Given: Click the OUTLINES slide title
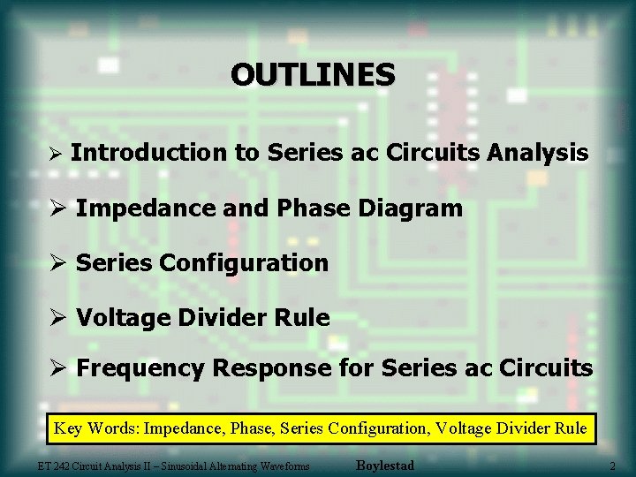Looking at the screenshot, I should point(313,74).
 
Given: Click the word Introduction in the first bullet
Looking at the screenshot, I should point(148,153).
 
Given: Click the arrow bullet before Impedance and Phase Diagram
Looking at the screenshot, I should point(59,209).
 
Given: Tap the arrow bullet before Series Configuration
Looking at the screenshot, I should point(59,263).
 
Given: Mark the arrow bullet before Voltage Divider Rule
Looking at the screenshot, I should point(59,318).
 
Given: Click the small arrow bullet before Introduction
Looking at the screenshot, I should point(55,155).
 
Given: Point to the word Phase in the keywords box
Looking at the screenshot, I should point(250,429).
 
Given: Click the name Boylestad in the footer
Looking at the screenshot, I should point(384,465).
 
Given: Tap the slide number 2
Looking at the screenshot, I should point(612,466).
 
